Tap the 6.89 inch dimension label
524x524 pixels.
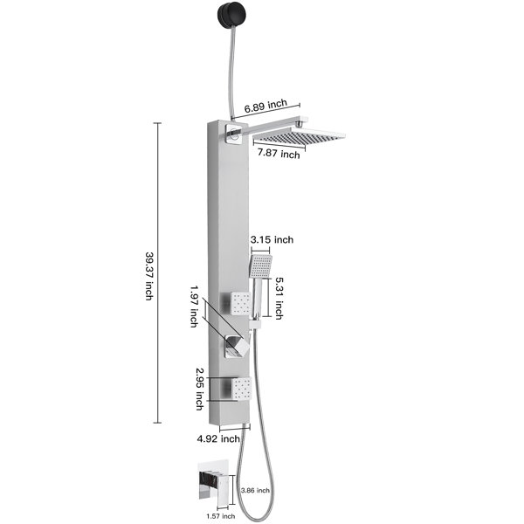click(266, 106)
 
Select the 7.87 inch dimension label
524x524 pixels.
click(279, 154)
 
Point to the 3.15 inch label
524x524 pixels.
click(272, 239)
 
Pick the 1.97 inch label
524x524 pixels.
click(194, 307)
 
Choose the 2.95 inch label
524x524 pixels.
click(200, 389)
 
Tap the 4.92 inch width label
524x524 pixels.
click(218, 438)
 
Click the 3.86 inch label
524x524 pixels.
click(255, 490)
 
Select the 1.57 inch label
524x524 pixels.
click(221, 516)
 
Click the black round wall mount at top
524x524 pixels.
click(235, 13)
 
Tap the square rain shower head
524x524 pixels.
click(299, 137)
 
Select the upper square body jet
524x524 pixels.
click(237, 303)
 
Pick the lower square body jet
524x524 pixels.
click(237, 389)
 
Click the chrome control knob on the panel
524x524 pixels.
click(238, 347)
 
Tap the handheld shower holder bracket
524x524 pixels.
click(255, 323)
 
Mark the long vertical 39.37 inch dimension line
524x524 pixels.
click(158, 273)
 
